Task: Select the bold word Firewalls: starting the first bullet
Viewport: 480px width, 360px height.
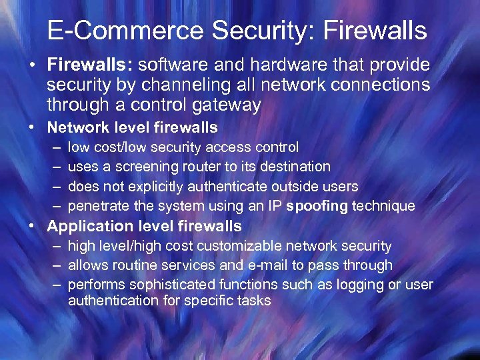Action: click(x=91, y=65)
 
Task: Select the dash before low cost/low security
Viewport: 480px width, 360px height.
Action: click(x=54, y=147)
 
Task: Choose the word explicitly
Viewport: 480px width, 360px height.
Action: click(x=151, y=187)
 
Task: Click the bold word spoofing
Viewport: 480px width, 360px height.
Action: click(x=317, y=206)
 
